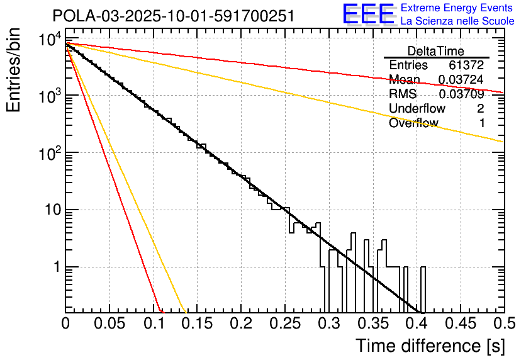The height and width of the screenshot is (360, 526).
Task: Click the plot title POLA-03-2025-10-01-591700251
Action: [173, 16]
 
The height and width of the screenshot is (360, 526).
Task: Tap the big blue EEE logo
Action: [369, 15]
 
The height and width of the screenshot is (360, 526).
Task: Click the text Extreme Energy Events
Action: [457, 8]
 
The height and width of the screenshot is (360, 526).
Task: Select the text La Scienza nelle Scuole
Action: [457, 21]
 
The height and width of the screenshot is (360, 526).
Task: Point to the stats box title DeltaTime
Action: [436, 51]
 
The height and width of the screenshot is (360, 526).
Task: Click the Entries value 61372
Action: [466, 65]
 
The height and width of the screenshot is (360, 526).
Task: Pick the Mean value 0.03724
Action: [461, 80]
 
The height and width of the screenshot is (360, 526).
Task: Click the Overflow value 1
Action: [481, 123]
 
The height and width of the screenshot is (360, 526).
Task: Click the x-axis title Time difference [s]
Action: [430, 346]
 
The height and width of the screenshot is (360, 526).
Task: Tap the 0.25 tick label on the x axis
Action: [284, 324]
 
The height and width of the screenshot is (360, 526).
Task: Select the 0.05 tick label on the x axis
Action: [109, 324]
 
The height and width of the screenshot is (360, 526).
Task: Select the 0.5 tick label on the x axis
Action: [504, 324]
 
